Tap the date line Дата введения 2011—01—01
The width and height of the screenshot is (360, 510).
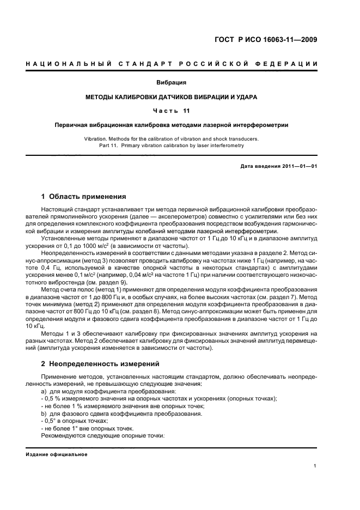(x=279, y=166)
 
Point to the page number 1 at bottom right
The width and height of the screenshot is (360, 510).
(x=316, y=466)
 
